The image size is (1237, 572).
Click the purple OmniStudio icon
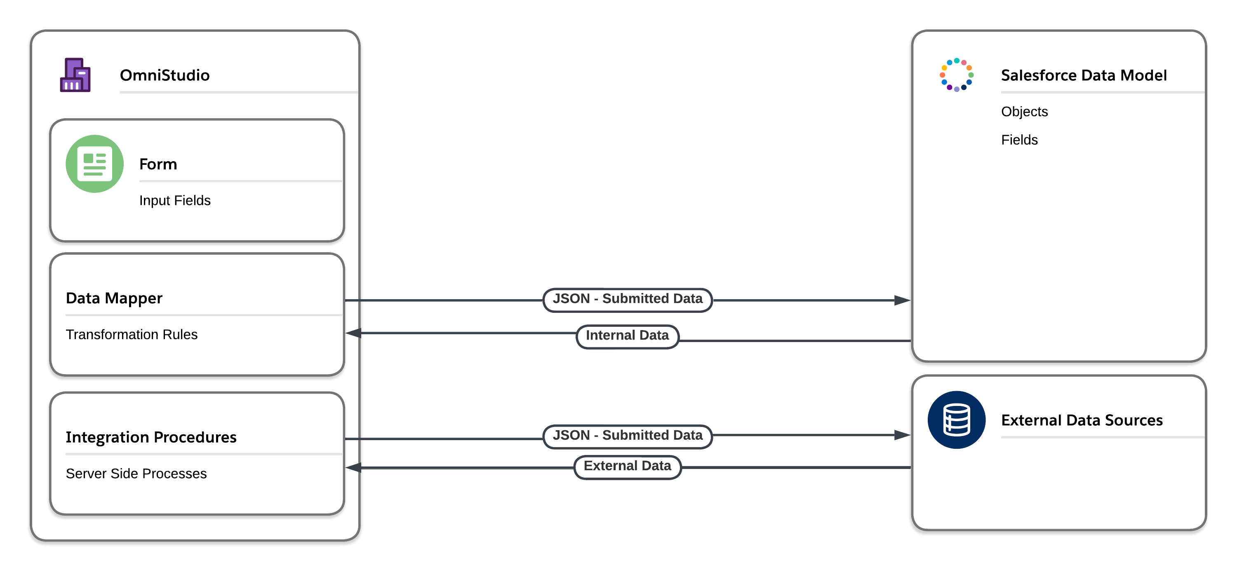pos(75,75)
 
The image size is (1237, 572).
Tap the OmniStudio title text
pos(164,75)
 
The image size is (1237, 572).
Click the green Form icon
pos(94,164)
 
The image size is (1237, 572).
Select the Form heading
pos(158,164)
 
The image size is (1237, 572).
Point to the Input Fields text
pos(175,200)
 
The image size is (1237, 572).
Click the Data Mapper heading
pos(114,298)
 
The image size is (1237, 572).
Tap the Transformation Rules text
pos(132,335)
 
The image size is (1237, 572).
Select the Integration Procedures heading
pos(151,437)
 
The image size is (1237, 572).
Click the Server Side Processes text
pos(136,474)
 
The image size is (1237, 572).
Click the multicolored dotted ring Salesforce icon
pos(956,75)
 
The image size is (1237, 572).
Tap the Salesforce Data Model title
pos(1083,75)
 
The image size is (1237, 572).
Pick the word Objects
pos(1024,111)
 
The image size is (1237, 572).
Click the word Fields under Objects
pos(1019,140)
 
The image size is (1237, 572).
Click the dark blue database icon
pos(956,420)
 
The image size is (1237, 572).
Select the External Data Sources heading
pos(1082,420)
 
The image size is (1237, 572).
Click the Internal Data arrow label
pos(627,335)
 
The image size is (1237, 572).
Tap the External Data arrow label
pos(627,466)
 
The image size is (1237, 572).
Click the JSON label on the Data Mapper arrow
pos(627,299)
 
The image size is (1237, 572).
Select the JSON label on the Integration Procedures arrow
pos(627,435)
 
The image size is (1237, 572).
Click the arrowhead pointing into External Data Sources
pos(902,435)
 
